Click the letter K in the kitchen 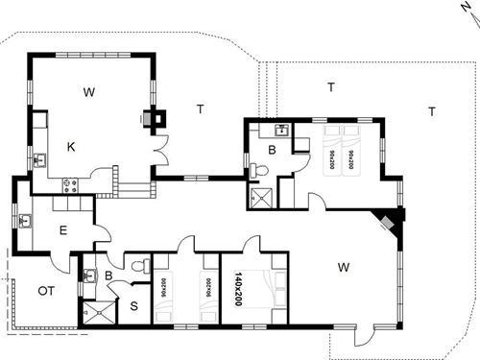(71, 146)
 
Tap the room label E (62, 229)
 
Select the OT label (45, 290)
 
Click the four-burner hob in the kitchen (70, 182)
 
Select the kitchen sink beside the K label (40, 159)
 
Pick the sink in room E (26, 222)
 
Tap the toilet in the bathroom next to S (139, 265)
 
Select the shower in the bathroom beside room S (95, 310)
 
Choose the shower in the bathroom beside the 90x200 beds (259, 198)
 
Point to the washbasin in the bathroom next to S (89, 276)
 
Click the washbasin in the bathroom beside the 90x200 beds (281, 129)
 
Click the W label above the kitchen (88, 92)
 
